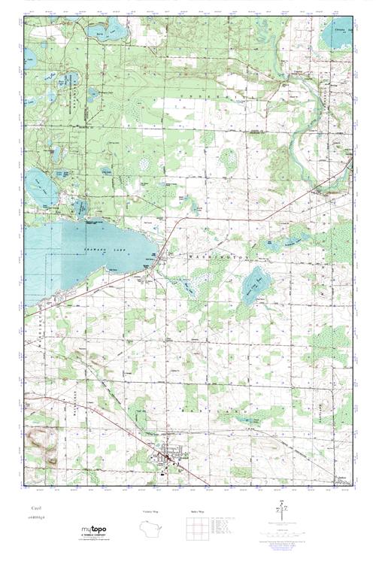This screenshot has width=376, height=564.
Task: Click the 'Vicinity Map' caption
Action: (153, 511)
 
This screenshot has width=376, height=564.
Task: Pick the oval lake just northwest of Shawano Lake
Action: (35, 181)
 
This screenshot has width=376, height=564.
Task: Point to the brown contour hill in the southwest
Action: (41, 443)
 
